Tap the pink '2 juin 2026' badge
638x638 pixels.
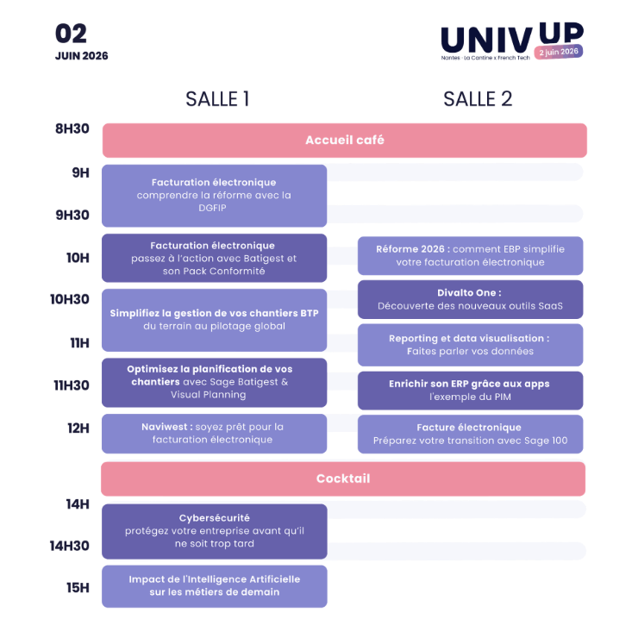pyautogui.click(x=558, y=52)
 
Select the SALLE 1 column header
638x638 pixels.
pyautogui.click(x=217, y=99)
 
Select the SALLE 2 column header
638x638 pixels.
pyautogui.click(x=478, y=99)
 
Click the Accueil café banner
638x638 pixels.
pyautogui.click(x=344, y=140)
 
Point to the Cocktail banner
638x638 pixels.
pyautogui.click(x=343, y=478)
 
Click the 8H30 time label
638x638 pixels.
pyautogui.click(x=72, y=129)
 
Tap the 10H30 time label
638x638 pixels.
pyautogui.click(x=70, y=299)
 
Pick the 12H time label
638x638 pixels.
pyautogui.click(x=78, y=428)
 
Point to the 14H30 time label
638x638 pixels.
pyautogui.click(x=70, y=545)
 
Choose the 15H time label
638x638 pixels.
pyautogui.click(x=78, y=588)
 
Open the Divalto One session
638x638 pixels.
pyautogui.click(x=470, y=299)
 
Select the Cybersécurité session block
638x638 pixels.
pyautogui.click(x=214, y=530)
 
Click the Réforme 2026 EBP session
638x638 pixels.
pyautogui.click(x=470, y=255)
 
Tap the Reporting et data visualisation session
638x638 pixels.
pyautogui.click(x=470, y=345)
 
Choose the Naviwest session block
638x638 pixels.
pyautogui.click(x=214, y=433)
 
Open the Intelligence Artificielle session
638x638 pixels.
pyautogui.click(x=214, y=585)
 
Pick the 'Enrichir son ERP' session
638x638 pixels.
pyautogui.click(x=470, y=390)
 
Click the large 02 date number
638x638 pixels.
pyautogui.click(x=72, y=34)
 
